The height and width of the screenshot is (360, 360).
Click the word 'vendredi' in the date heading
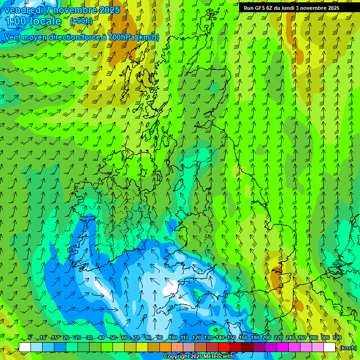(24, 10)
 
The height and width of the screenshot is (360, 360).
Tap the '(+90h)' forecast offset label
(81, 21)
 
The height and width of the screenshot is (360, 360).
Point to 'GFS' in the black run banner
(258, 8)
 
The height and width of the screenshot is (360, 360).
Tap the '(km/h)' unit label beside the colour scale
(348, 348)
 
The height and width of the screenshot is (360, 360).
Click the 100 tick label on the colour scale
(172, 337)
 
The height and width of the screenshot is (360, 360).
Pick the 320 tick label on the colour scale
(337, 337)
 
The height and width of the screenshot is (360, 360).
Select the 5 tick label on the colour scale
(30, 337)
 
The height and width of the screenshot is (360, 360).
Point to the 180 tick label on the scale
(255, 337)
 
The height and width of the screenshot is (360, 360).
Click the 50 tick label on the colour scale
(113, 337)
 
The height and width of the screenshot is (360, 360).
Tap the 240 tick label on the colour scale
(290, 337)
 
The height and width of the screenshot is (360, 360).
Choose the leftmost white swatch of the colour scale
(25, 347)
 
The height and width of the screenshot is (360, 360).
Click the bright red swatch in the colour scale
(224, 347)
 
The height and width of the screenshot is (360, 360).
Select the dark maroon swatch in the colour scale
(247, 347)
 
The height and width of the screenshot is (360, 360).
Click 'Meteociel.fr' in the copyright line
(218, 357)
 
